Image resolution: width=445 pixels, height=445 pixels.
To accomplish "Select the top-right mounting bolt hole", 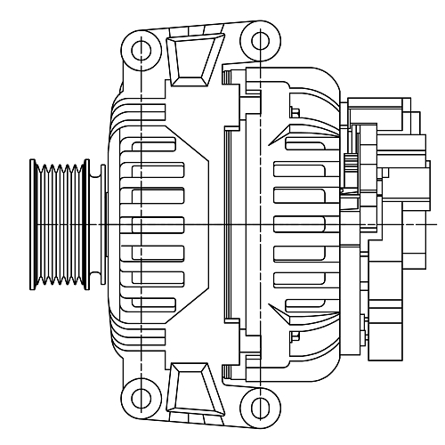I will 259,41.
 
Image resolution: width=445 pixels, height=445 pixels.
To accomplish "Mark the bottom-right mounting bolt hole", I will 259,406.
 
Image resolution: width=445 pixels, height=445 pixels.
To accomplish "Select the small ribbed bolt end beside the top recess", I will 229,78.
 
